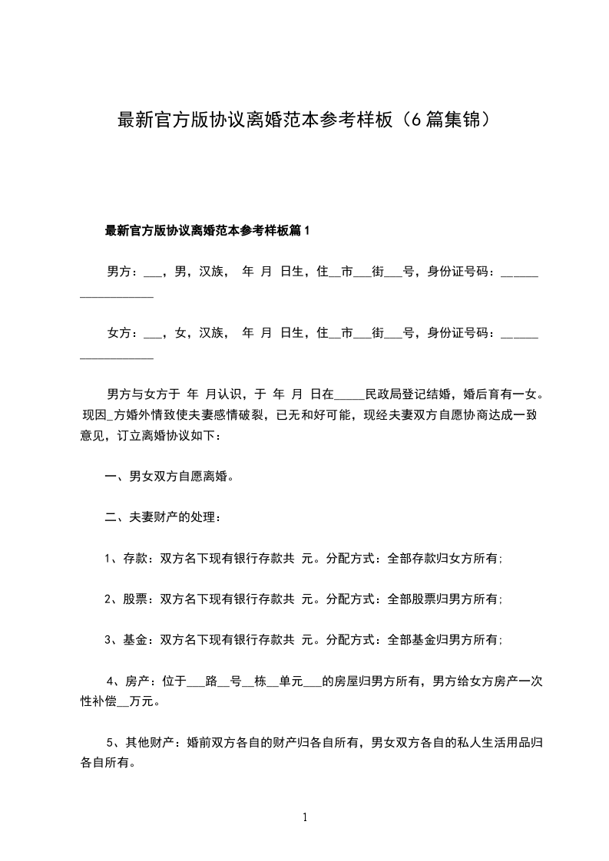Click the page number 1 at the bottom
[x=305, y=817]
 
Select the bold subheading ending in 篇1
[x=207, y=230]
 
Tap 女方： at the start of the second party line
[x=122, y=333]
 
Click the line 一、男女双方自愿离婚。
[x=169, y=477]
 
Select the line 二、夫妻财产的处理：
[x=163, y=518]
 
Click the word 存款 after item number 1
[x=135, y=559]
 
